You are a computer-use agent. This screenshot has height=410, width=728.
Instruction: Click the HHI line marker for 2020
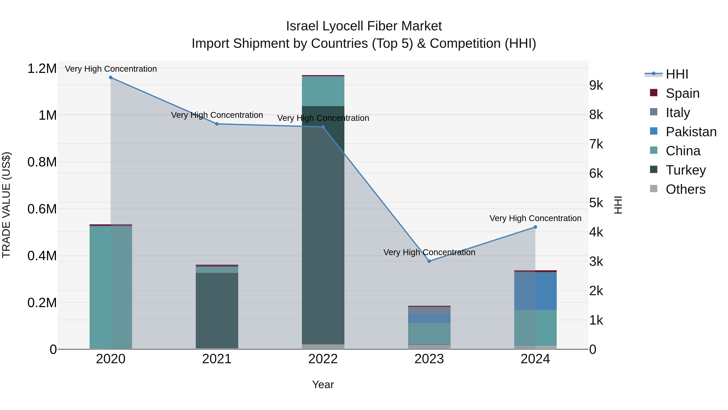pyautogui.click(x=111, y=78)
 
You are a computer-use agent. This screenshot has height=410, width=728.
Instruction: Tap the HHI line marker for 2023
pyautogui.click(x=429, y=261)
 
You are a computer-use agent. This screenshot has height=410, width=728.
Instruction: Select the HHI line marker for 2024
pyautogui.click(x=535, y=227)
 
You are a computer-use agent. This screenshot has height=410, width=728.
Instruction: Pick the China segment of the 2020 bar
pyautogui.click(x=111, y=287)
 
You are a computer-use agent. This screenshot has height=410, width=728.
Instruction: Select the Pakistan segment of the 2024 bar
pyautogui.click(x=535, y=291)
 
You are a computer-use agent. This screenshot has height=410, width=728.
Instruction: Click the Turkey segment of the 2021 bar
pyautogui.click(x=217, y=310)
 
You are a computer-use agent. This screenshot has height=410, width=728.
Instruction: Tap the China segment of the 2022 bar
pyautogui.click(x=323, y=91)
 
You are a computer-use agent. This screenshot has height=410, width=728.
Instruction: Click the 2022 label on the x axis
pyautogui.click(x=323, y=359)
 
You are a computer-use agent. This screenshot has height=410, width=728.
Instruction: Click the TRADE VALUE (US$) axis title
pyautogui.click(x=6, y=205)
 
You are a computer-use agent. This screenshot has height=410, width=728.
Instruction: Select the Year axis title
pyautogui.click(x=323, y=384)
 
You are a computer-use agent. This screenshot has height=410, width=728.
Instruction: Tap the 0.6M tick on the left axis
pyautogui.click(x=42, y=209)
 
